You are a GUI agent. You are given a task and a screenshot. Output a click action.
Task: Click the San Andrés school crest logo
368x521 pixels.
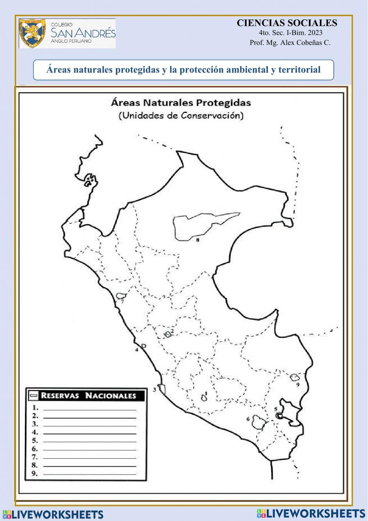pos(32,33)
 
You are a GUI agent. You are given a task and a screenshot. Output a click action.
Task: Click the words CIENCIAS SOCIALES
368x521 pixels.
pos(287,23)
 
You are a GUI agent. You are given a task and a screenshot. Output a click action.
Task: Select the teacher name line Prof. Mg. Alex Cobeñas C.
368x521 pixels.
pos(290,43)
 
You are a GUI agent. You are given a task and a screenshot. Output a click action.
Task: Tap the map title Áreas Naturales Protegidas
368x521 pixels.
pos(181,103)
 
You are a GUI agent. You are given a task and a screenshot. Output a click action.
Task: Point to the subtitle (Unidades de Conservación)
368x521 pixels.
pos(181,115)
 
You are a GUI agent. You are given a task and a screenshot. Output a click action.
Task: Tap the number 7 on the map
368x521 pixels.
pos(122,302)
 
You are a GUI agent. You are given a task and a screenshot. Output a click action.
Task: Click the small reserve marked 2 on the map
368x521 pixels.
pos(168,334)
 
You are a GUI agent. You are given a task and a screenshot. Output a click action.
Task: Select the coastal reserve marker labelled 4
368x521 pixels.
pos(143,346)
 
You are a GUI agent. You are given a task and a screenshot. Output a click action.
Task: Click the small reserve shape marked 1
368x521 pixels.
pos(204,398)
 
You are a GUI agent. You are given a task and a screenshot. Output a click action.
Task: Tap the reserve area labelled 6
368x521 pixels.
pos(259,422)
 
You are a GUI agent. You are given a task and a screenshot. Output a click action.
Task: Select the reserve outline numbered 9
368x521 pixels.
pos(294,377)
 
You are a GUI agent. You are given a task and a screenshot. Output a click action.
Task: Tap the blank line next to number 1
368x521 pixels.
pos(89,409)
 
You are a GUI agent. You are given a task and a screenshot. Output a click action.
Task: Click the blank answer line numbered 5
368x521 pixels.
pos(89,441)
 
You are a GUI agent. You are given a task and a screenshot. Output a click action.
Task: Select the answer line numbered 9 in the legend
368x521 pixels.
pos(89,474)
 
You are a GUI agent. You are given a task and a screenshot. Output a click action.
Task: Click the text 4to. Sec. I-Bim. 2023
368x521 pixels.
pos(290,33)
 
